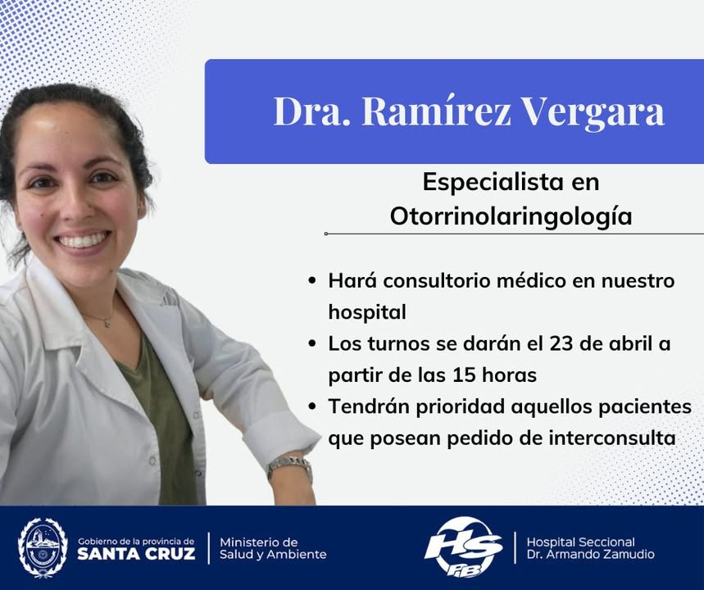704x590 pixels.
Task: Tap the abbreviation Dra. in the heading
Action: click(x=311, y=111)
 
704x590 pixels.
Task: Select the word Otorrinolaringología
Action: click(x=511, y=216)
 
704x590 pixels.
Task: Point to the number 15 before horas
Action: click(x=464, y=375)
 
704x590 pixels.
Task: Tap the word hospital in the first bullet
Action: click(x=367, y=312)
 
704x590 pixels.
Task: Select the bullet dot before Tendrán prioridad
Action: click(x=312, y=407)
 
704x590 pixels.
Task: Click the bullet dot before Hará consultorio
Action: click(x=312, y=282)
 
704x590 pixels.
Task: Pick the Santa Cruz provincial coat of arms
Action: click(x=43, y=547)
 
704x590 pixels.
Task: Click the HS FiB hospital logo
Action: click(x=464, y=547)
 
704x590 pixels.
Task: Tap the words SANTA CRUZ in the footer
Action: click(x=136, y=554)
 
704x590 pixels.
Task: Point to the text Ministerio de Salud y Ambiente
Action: click(x=273, y=548)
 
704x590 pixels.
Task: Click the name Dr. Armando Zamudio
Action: click(x=590, y=555)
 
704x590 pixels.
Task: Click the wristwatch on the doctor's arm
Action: click(x=289, y=467)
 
